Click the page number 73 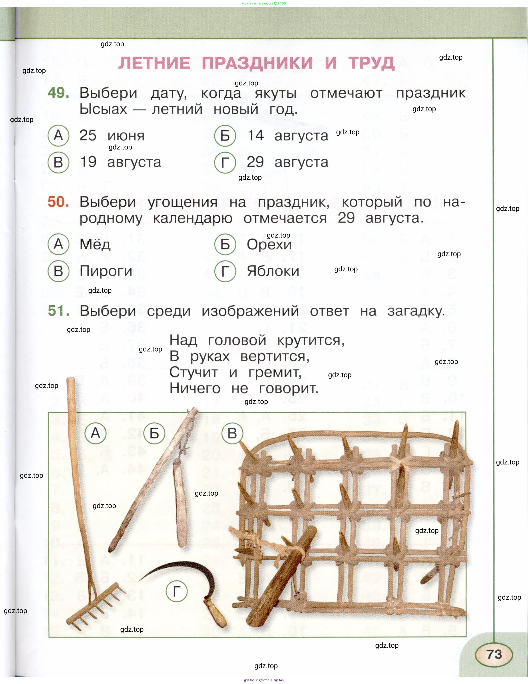click(494, 654)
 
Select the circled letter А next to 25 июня click(58, 136)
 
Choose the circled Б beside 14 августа click(225, 136)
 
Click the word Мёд click(95, 244)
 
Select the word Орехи click(269, 244)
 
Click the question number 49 click(58, 93)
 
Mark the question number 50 click(58, 202)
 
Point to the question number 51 click(58, 311)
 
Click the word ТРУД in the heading click(371, 63)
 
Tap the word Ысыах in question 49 click(103, 109)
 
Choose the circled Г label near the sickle click(177, 592)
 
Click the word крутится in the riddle click(311, 340)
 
